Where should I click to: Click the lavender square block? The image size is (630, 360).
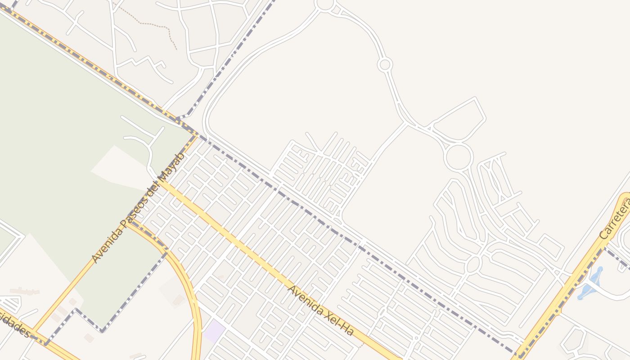tap(214, 330)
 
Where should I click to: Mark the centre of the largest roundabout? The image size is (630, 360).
tap(459, 157)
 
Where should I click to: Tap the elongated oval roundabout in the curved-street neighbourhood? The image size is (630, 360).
tap(473, 264)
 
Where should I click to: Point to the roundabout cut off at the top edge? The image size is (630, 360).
tap(325, 4)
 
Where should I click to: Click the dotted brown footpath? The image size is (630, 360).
tap(153, 25)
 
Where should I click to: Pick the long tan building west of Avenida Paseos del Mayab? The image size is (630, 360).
tap(25, 292)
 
